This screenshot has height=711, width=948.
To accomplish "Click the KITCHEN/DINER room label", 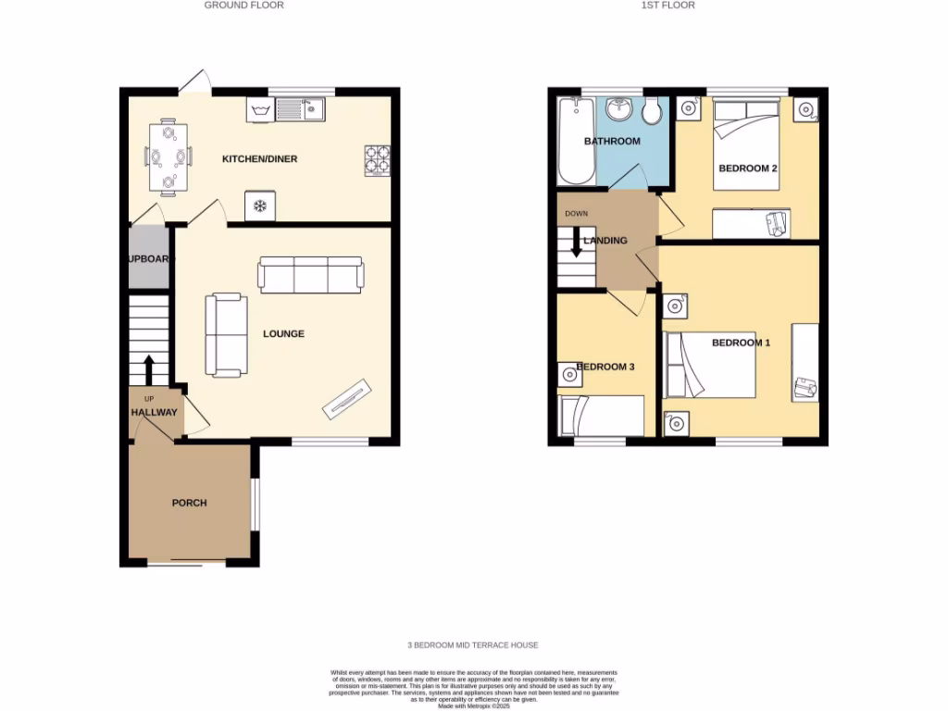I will pos(259,159).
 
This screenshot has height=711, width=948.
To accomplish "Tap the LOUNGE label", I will pos(283,334).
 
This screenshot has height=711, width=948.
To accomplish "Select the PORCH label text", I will pos(189,504).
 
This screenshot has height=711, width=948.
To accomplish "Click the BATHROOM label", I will pos(611,142).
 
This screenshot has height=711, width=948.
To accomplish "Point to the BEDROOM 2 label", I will pos(747,168).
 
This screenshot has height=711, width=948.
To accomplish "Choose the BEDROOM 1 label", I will pos(741,343).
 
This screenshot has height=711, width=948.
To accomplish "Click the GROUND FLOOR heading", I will pos(244,6).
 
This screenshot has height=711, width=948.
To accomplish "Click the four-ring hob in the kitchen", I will pos(377,159).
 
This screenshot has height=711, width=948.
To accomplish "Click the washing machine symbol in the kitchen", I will pos(259,111).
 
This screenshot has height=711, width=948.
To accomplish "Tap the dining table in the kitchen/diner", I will pos(168,156).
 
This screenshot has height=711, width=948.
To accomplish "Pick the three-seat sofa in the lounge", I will pos(311,276).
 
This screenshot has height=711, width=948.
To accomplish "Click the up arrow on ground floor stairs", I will pos(148,368).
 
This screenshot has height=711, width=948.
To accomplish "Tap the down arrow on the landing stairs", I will pos(576,242).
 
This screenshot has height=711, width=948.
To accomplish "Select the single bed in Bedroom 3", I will pos(602,416).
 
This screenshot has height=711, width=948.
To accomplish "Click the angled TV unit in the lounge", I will pos(347,397).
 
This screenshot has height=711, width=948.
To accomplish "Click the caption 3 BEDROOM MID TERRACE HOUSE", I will pos(472,645).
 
